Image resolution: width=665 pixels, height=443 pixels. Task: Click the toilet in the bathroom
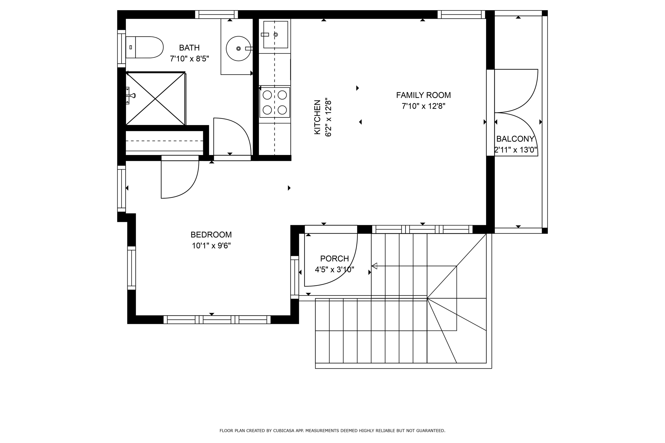(x=145, y=47)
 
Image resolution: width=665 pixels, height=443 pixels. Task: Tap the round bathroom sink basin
(x=238, y=49)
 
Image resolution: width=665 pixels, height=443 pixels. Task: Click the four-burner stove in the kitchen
(x=275, y=102)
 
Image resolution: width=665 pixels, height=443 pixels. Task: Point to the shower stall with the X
(x=155, y=99)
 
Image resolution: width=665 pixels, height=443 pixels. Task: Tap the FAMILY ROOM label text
(x=423, y=95)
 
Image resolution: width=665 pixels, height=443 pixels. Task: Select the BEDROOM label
(x=211, y=235)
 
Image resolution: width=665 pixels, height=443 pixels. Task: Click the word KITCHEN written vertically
(x=317, y=117)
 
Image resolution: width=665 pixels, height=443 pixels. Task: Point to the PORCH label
(x=334, y=258)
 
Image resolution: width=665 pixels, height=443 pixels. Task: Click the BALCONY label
(x=515, y=139)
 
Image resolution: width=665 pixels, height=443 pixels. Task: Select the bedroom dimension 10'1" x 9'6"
(x=211, y=246)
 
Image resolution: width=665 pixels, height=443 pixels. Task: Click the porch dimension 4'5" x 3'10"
(x=334, y=270)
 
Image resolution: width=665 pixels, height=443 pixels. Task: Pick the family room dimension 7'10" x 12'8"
(x=423, y=106)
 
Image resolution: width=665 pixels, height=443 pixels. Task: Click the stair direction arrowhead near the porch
(x=374, y=266)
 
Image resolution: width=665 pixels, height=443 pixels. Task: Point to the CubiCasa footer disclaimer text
(x=332, y=431)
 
